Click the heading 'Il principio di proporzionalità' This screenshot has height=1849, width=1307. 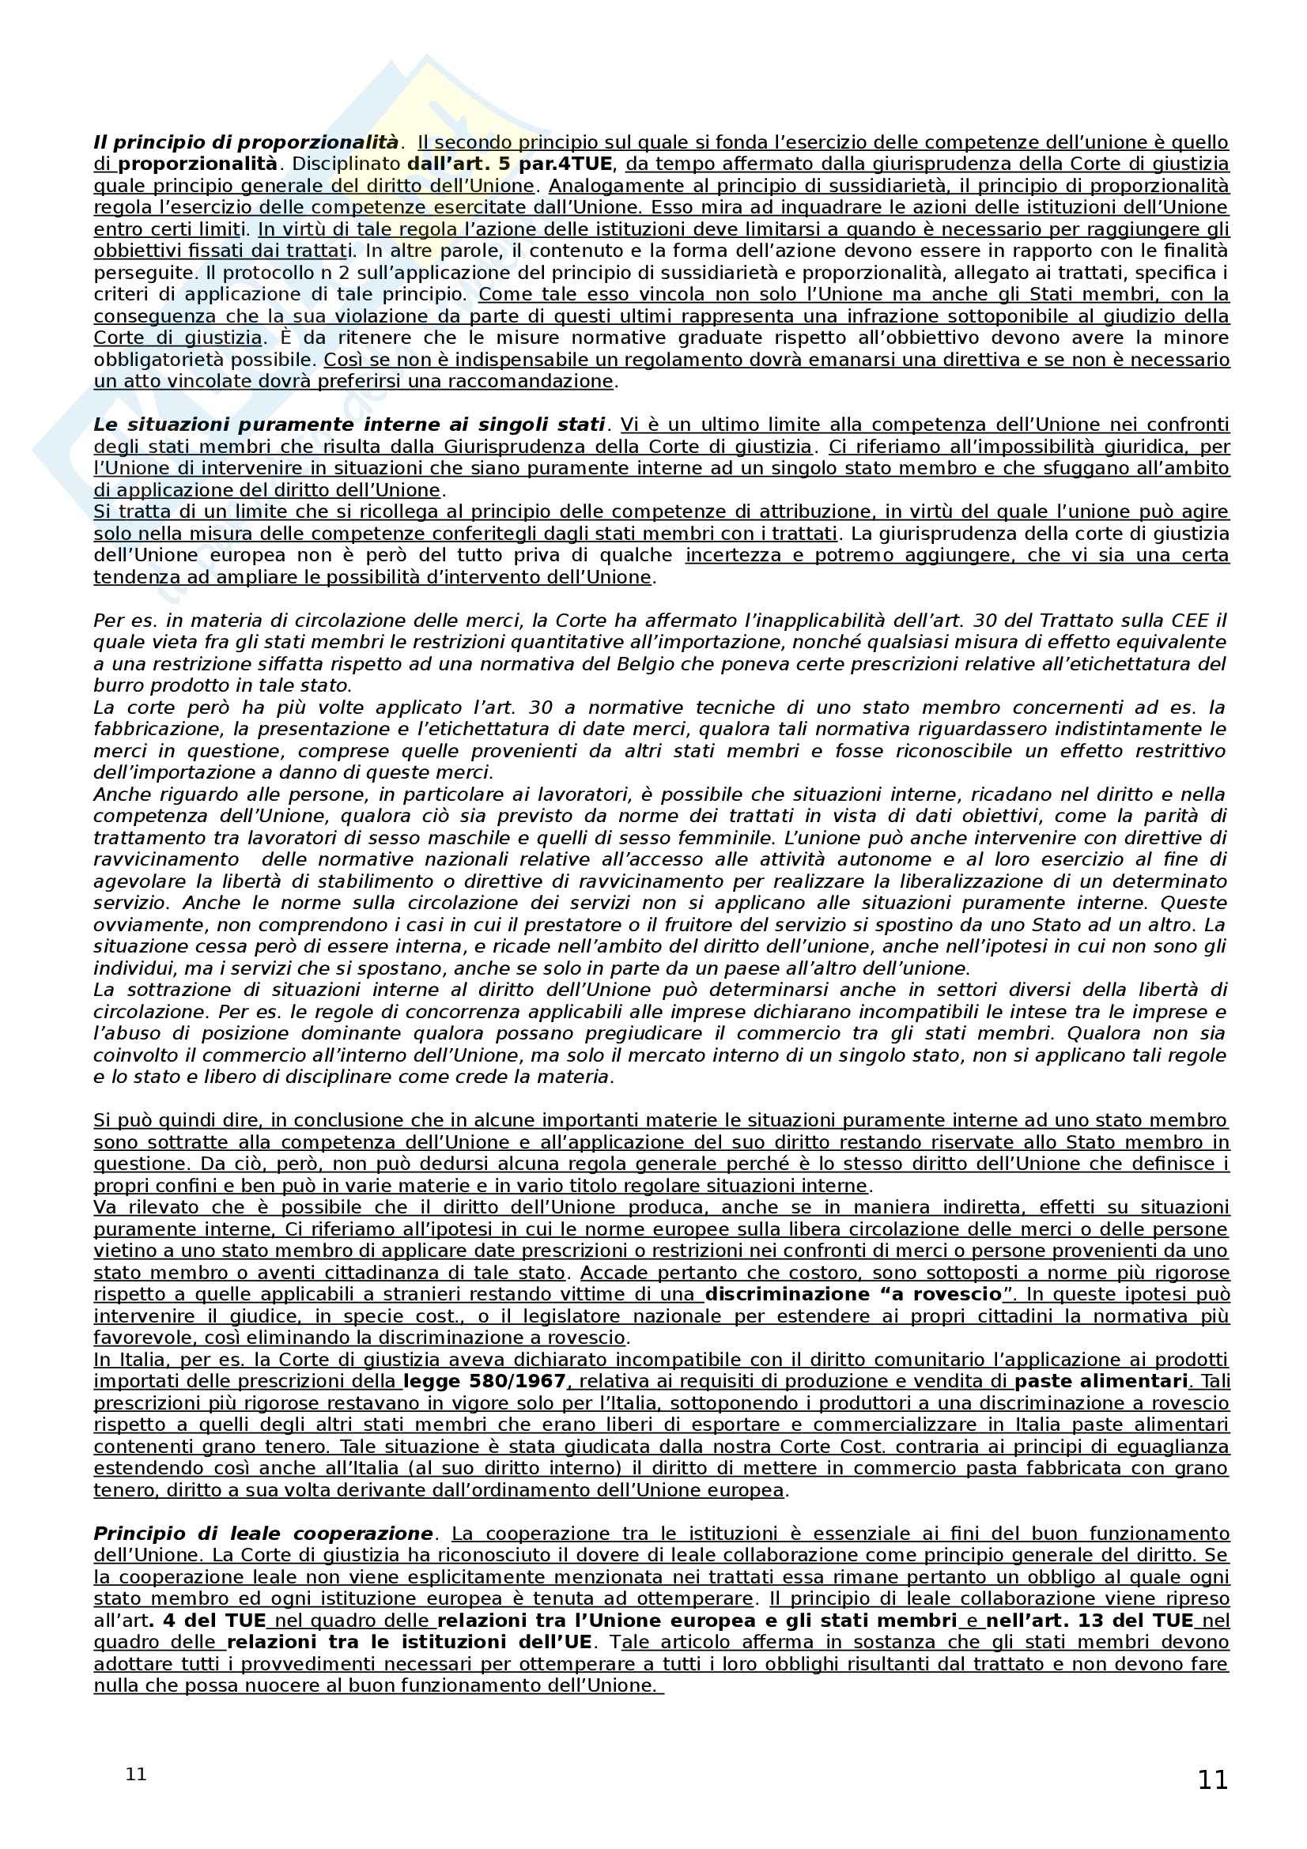click(246, 142)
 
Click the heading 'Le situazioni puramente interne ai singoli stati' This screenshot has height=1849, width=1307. click(349, 425)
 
